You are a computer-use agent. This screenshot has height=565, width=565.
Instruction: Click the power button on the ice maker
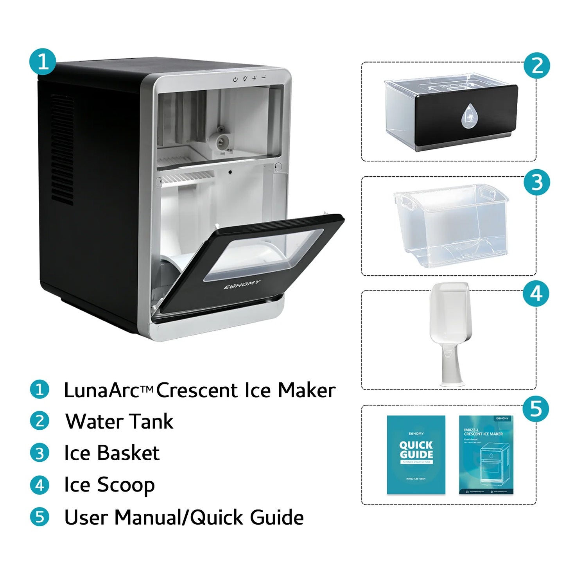coord(235,79)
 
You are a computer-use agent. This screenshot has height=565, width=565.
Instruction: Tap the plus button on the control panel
coord(254,78)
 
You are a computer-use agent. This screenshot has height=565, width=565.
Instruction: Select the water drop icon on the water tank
coord(468,117)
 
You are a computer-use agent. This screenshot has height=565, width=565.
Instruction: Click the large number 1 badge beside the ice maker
coord(43,62)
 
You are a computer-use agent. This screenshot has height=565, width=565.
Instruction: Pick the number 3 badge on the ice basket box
coord(537,182)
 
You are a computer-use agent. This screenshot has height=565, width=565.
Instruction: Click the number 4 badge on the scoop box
coord(536,294)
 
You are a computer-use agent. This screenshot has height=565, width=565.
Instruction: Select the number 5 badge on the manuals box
coord(536,409)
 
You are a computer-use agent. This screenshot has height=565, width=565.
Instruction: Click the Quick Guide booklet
coord(416,455)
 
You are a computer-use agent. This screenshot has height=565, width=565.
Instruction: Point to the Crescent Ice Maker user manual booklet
coord(486,455)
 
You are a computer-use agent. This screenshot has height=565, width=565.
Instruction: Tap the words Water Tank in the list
coord(119,422)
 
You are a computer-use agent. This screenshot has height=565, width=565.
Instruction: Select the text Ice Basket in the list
coord(112,453)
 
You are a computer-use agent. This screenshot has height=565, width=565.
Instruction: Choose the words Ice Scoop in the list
coord(109,485)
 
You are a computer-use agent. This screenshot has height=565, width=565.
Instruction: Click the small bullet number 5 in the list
coord(39,517)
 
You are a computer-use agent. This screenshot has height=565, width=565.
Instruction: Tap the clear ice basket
coord(452,227)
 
